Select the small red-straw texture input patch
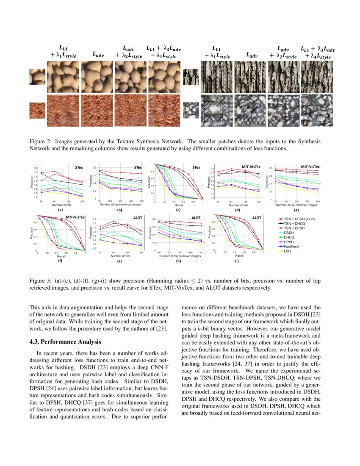pos(37,110)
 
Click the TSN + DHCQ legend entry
pos(294,223)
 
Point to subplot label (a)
pos(61,210)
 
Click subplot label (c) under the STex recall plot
pos(178,210)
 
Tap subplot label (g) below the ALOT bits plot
pos(119,261)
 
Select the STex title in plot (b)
pos(138,168)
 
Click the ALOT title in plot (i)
pos(257,217)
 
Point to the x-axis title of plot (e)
pos(297,205)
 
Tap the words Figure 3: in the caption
pos(42,280)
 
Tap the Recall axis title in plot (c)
pos(177,205)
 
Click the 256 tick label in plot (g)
pos(141,252)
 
